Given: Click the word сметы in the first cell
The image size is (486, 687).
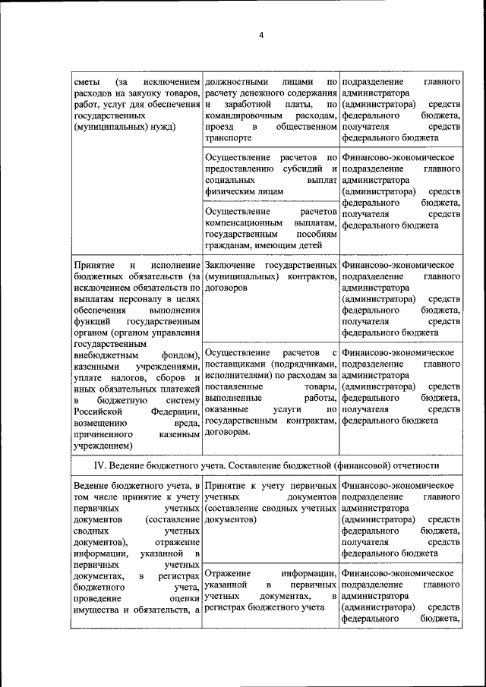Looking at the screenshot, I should point(87,81).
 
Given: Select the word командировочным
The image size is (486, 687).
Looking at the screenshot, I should point(240,116).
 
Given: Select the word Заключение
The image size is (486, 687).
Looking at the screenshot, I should point(231,265).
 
